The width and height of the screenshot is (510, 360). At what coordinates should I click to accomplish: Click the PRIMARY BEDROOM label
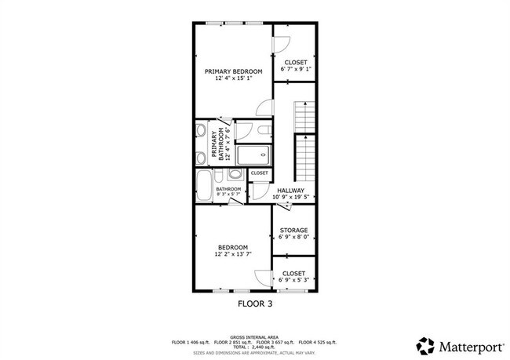pos(233,71)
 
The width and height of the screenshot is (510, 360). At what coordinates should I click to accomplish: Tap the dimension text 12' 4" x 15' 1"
pos(233,78)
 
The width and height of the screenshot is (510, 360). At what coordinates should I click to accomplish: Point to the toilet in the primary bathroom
pos(242,131)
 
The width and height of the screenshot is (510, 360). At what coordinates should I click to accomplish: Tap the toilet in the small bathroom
pos(238,188)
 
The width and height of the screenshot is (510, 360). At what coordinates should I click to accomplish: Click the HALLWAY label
pos(290,190)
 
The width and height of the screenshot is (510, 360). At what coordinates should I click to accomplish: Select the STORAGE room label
pos(294,231)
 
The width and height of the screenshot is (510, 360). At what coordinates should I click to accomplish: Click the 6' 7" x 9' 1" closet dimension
pos(296,68)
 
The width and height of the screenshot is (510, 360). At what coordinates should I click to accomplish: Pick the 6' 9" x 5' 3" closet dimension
pos(294,279)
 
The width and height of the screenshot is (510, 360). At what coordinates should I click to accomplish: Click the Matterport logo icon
pos(425,345)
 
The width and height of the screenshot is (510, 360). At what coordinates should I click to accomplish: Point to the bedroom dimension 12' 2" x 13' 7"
pos(233,254)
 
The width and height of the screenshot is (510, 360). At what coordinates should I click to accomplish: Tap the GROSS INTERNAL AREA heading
pos(254,336)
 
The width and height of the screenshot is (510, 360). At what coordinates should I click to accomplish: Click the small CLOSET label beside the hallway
pos(259,173)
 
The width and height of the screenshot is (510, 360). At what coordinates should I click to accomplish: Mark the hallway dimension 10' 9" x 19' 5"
pos(290,197)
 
